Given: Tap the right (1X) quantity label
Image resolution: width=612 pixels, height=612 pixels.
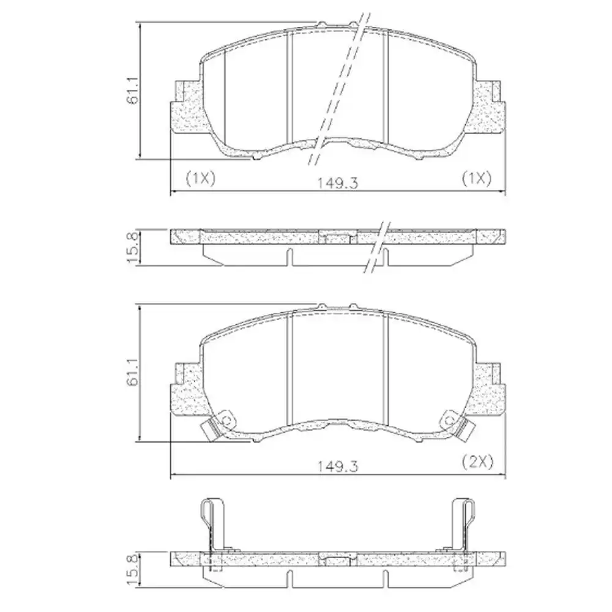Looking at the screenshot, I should coord(476,178).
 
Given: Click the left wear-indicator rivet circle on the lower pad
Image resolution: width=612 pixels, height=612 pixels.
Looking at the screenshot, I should coord(226,420).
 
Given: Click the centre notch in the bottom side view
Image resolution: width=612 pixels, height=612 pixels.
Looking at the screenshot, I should coord(337,560).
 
